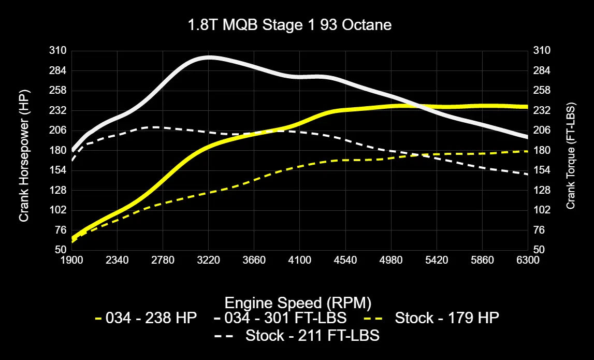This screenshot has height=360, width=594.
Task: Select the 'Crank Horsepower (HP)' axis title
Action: (x=23, y=155)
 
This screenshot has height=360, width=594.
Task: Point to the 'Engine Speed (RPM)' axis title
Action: (x=298, y=303)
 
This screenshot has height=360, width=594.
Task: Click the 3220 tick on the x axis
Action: (x=209, y=260)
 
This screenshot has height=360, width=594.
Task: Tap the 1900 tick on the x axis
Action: (x=72, y=260)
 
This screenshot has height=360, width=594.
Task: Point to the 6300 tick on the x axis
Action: (x=528, y=260)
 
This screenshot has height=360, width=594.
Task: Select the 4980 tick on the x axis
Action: (x=391, y=260)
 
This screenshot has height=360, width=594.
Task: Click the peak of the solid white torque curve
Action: (x=209, y=57)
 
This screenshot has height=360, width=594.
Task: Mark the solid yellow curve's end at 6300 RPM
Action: (x=527, y=107)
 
